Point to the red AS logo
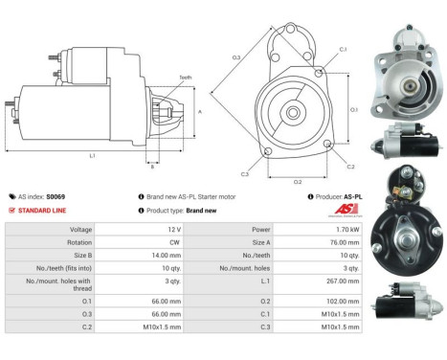348,210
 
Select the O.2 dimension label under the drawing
298,180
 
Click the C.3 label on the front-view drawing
245,174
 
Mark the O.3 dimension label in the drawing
235,57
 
